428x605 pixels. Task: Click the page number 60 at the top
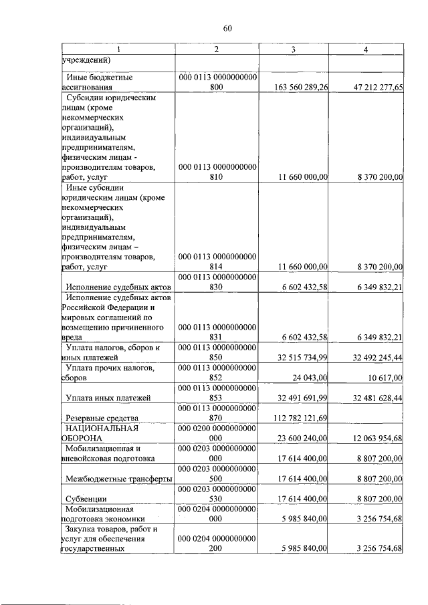click(x=227, y=28)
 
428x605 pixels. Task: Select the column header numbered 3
click(x=294, y=50)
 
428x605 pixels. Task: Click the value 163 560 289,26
click(x=302, y=87)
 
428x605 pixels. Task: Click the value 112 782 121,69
click(x=302, y=418)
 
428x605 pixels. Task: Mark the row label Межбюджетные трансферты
click(x=119, y=479)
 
